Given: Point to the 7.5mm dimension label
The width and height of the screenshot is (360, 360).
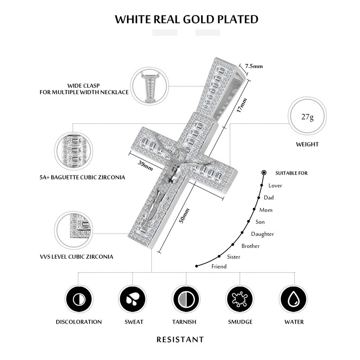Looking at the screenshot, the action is (x=254, y=66).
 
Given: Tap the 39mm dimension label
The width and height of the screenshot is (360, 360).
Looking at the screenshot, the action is (x=145, y=163).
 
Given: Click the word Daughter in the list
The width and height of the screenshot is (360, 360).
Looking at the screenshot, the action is (x=262, y=234).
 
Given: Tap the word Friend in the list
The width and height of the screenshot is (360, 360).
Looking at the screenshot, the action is (x=219, y=266).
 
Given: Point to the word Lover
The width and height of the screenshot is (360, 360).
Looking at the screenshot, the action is (x=275, y=185).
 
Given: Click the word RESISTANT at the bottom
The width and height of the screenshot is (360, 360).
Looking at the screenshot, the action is (x=180, y=339).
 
